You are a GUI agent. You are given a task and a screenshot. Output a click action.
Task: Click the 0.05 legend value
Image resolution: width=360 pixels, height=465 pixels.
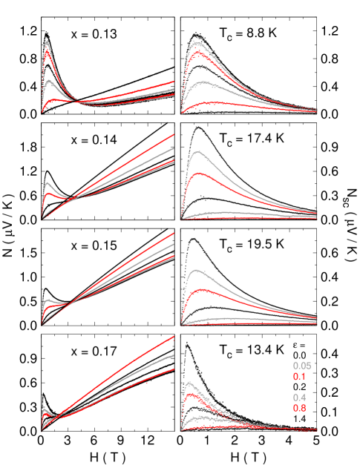[302, 366]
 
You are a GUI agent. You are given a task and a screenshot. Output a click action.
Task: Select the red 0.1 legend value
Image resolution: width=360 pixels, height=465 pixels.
[299, 376]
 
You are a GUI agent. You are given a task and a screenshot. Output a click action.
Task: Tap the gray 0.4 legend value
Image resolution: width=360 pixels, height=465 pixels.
[299, 398]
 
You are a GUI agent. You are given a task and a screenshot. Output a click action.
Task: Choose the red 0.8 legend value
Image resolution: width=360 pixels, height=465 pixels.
[299, 408]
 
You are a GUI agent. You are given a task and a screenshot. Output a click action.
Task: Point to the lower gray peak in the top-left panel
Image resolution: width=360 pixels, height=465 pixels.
[50, 79]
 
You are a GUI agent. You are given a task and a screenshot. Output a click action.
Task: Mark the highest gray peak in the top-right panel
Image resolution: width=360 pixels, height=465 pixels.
[198, 44]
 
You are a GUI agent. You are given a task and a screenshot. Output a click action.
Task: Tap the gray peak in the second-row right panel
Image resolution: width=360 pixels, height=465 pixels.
[197, 152]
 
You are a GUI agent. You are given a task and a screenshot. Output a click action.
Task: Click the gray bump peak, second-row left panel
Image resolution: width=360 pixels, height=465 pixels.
[48, 182]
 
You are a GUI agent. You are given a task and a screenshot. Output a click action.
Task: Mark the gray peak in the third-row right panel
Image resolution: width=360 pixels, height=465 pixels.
[197, 271]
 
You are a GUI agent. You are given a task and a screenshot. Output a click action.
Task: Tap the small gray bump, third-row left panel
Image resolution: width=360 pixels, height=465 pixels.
[50, 300]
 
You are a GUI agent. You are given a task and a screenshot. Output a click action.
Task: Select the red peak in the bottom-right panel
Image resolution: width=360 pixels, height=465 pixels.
[192, 395]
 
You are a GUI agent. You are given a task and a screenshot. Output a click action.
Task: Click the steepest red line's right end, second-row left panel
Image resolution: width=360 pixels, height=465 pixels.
[174, 134]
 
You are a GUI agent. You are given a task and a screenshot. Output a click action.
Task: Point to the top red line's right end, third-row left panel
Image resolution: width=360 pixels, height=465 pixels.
[174, 233]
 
